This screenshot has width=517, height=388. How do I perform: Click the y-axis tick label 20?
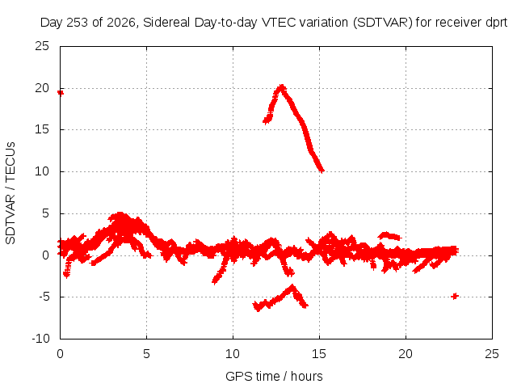[42, 88]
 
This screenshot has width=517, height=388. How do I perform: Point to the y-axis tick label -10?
[40, 338]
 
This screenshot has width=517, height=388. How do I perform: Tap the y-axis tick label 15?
[42, 129]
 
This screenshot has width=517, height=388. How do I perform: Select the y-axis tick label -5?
[44, 297]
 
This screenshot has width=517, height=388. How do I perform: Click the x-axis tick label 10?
[233, 354]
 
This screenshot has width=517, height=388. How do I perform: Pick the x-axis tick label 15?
[319, 354]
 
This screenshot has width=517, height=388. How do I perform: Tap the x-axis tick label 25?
[492, 354]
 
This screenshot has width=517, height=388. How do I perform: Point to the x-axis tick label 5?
[146, 354]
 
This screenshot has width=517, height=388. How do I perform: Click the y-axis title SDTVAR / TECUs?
[11, 193]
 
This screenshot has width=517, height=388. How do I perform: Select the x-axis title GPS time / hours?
[274, 376]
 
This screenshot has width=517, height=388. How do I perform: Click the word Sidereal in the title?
[166, 23]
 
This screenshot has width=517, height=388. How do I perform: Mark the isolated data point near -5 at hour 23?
[455, 296]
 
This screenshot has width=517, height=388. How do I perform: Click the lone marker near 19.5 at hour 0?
[61, 93]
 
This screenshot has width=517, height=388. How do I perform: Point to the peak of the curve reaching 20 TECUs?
[282, 87]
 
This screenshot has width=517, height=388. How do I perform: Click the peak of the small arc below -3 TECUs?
[292, 286]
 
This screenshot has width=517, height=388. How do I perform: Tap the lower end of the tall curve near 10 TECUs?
[322, 171]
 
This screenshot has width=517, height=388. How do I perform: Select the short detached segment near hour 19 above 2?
[389, 236]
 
